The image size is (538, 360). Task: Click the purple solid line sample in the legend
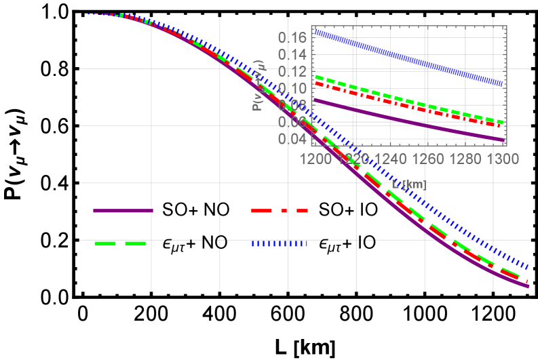pos(123,211)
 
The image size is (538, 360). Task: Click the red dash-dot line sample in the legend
pos(280,211)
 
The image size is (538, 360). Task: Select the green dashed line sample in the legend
pos(120,243)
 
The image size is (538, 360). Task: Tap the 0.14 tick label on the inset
pos(292,54)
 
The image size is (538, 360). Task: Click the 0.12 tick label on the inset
pos(292,71)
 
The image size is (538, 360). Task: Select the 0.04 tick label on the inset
pos(292,139)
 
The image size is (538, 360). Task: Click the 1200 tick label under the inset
pos(316,159)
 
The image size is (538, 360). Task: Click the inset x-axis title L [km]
pos(408,184)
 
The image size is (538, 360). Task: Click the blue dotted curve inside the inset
pos(407,58)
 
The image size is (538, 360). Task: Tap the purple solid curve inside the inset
pos(407,121)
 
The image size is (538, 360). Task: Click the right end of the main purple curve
pos(526,286)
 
